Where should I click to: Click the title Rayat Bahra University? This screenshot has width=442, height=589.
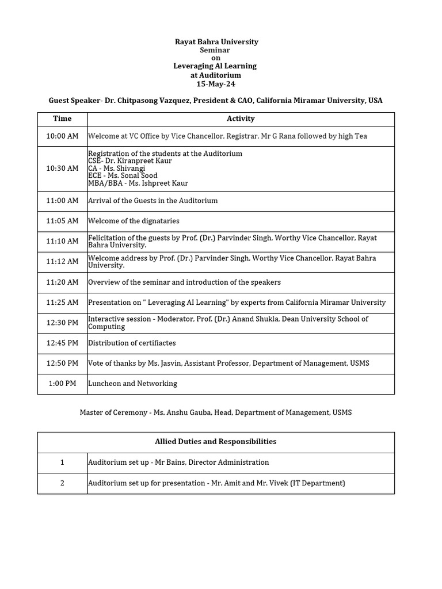coord(216,42)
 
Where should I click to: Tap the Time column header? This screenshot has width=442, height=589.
coord(62,118)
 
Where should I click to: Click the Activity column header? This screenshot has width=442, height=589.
coord(241,118)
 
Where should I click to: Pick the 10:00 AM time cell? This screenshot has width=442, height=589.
coord(62,136)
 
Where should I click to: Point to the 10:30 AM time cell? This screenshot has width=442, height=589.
coord(62,169)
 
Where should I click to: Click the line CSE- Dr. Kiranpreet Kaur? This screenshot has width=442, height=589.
coord(129,161)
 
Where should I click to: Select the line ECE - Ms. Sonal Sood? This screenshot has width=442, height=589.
coord(123,176)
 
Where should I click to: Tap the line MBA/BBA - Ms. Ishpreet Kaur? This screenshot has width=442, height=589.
coord(138,183)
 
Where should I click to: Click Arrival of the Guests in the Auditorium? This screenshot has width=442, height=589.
coord(153,201)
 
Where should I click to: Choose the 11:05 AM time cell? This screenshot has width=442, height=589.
coord(62,221)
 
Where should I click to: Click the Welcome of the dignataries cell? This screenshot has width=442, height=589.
coord(134,221)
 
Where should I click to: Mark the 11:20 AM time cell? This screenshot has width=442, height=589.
coord(62,282)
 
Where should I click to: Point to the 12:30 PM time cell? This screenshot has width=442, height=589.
coord(62,323)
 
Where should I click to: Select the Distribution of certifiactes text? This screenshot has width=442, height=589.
coord(132,343)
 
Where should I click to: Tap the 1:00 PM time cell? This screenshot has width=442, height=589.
coord(62,384)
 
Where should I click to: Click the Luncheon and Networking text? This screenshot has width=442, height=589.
coord(132,384)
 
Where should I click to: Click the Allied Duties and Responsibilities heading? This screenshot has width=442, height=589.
coord(216,442)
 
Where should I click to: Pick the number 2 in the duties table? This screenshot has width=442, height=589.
coord(62,483)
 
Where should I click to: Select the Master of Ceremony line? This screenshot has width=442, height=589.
coord(216,413)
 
